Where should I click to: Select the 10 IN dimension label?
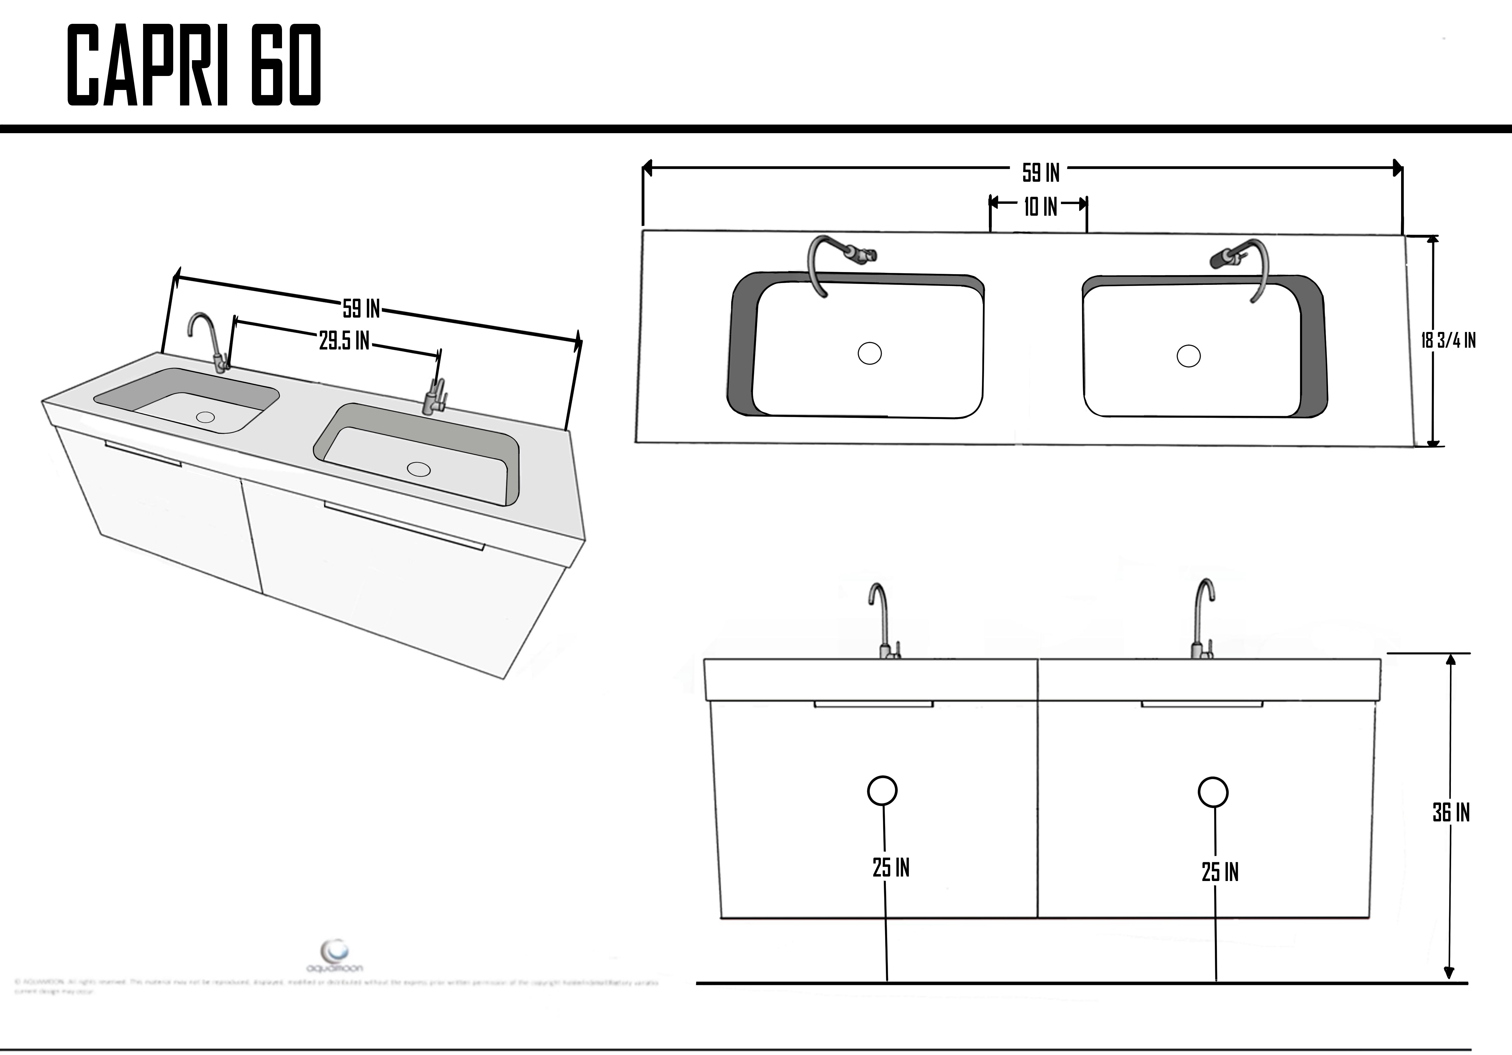coord(1040,207)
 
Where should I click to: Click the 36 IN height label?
coord(1451,813)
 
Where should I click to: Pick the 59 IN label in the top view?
coord(1040,173)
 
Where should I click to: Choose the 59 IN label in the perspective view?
coord(361,308)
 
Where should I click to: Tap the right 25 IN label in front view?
coord(1220,872)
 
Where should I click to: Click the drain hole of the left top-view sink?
coord(869,353)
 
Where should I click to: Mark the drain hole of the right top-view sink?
coord(1188,356)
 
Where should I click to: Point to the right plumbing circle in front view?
coord(1212,793)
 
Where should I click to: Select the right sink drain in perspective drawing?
coord(419,469)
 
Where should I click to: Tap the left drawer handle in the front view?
coord(873,704)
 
